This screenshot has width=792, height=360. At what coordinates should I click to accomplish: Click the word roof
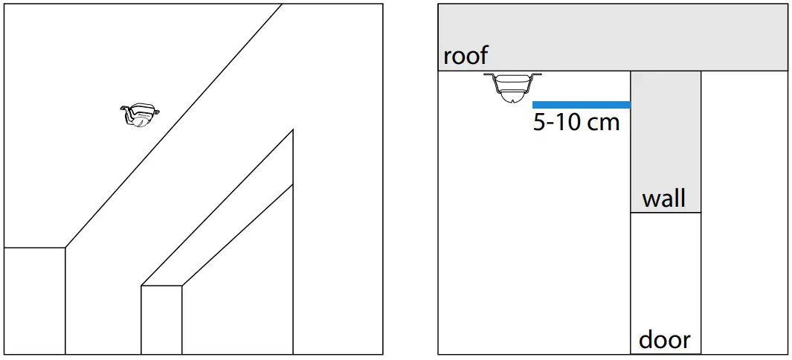(466, 56)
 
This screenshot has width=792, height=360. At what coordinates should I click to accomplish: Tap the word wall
(663, 199)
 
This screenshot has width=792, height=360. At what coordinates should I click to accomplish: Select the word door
(664, 340)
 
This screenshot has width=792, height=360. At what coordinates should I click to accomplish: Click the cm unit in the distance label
(603, 122)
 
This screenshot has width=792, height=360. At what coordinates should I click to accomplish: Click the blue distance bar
(582, 105)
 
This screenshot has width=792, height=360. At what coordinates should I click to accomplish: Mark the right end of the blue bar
(629, 105)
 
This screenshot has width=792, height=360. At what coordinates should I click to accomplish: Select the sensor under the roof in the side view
(512, 86)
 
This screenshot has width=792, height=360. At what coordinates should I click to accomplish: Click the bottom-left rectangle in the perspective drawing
(35, 300)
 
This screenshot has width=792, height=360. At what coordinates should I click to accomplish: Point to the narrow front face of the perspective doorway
(161, 320)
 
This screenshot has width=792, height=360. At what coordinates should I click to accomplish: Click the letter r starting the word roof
(448, 57)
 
